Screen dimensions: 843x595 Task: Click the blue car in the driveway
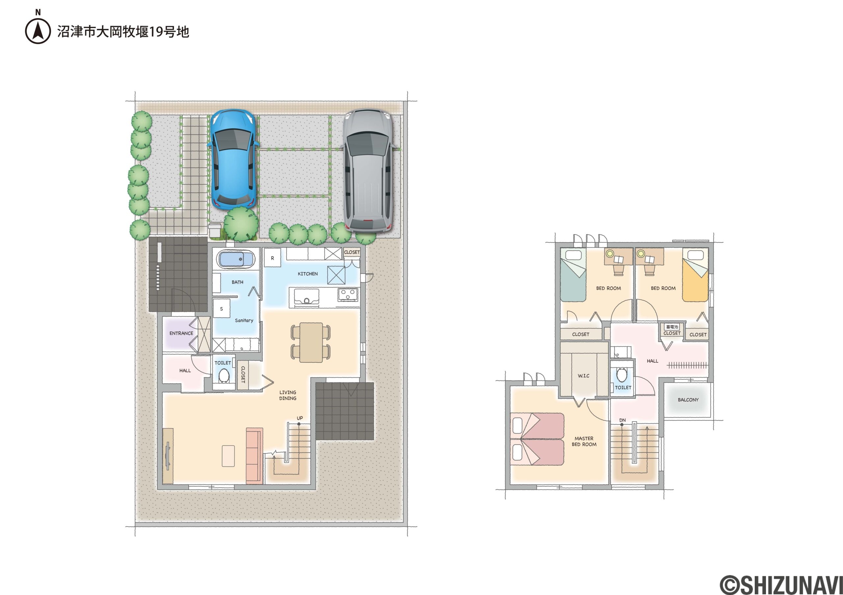[x=233, y=160]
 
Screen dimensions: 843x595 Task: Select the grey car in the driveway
[x=368, y=170]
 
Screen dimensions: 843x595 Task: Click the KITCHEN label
[x=308, y=274]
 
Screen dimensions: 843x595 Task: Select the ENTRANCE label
[x=181, y=333]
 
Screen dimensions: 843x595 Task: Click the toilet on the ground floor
[x=224, y=375]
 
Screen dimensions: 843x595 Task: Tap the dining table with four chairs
[x=311, y=342]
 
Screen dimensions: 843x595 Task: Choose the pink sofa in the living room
[x=255, y=455]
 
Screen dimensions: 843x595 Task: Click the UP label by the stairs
[x=300, y=418]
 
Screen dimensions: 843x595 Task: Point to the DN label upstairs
[x=622, y=420]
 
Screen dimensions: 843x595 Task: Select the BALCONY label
[x=688, y=400]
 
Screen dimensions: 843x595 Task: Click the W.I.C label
[x=584, y=376]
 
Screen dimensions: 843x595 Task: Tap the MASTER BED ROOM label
[x=584, y=441]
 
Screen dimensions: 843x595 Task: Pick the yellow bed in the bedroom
[x=695, y=275]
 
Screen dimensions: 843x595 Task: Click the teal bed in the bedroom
[x=573, y=275]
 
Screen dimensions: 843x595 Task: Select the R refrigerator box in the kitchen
[x=272, y=258]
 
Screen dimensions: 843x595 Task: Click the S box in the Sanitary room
[x=221, y=309]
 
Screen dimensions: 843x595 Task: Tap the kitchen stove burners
[x=347, y=294]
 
